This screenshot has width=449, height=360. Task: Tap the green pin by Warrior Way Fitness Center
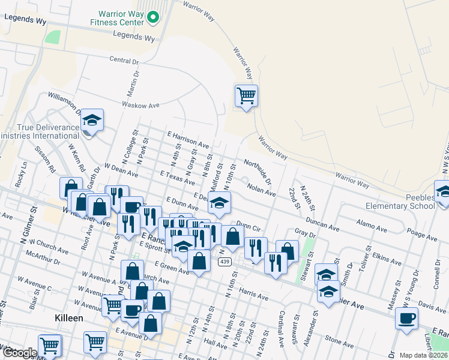click(x=153, y=18)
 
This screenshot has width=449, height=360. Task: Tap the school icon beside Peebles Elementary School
click(x=444, y=193)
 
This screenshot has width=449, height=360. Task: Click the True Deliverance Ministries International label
click(x=40, y=131)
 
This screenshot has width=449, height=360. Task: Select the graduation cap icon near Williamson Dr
click(x=92, y=121)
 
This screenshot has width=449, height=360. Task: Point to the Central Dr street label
click(x=124, y=61)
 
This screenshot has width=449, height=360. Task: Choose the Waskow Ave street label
click(x=140, y=105)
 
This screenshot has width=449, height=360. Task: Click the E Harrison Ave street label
click(x=188, y=141)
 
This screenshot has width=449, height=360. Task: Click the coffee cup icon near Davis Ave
click(x=407, y=318)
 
